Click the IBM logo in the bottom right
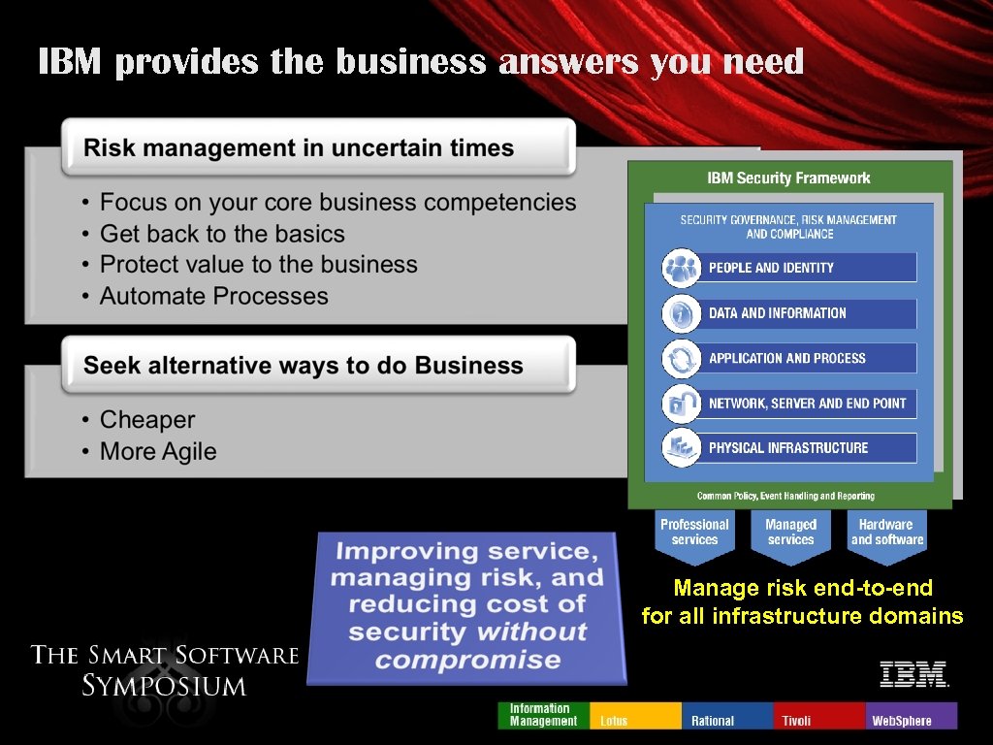pos(913,673)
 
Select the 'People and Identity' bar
pos(809,268)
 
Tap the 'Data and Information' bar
pos(809,313)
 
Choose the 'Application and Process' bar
pos(809,358)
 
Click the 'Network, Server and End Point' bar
pos(809,404)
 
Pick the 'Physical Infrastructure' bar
pos(809,448)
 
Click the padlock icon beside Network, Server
pos(681,404)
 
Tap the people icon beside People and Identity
pos(681,268)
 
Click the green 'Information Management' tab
pos(543,715)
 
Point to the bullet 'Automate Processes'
pos(213,296)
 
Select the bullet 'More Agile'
pos(158,451)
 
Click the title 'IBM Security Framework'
pos(788,178)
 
